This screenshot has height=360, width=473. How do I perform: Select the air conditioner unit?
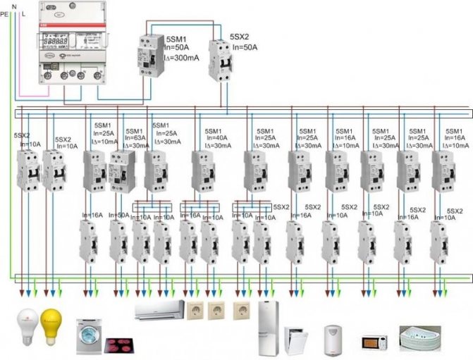[x=158, y=310]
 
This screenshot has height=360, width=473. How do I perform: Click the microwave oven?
[x=374, y=342]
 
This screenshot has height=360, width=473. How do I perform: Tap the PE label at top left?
[x=4, y=12]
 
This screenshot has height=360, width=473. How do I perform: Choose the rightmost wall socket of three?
[x=242, y=311]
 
